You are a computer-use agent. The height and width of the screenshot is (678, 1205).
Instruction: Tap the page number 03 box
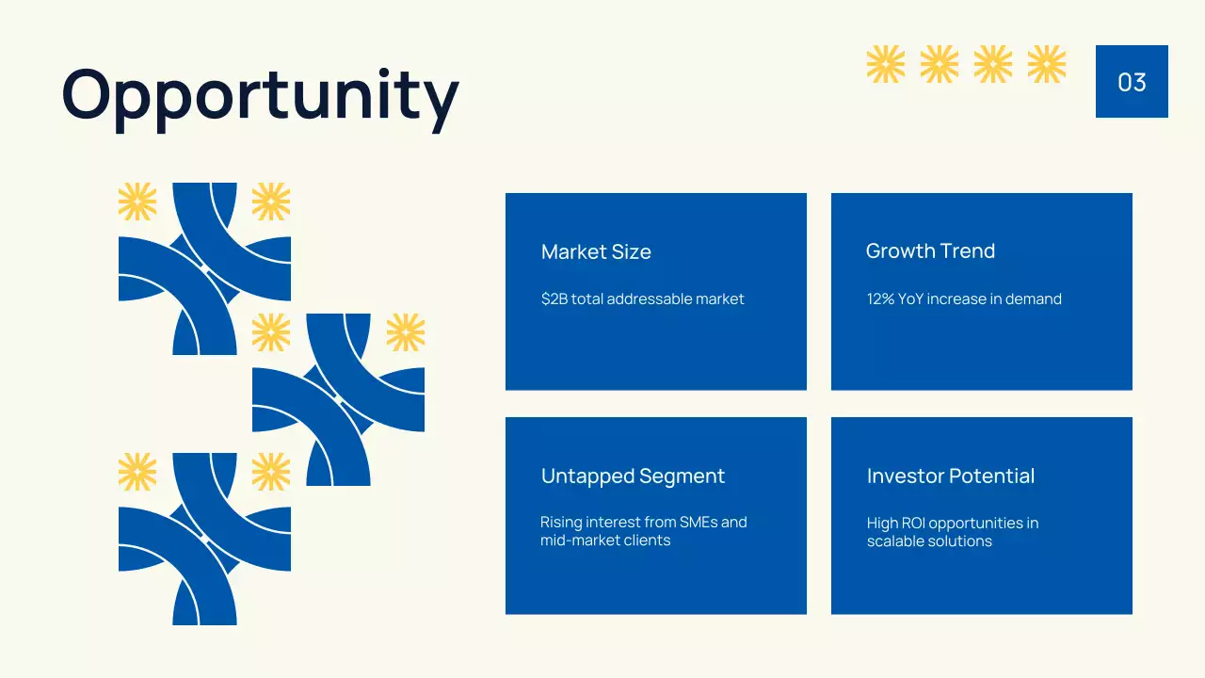1132,82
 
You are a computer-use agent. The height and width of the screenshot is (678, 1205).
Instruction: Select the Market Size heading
596,251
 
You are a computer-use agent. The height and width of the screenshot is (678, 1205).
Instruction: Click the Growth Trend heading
930,251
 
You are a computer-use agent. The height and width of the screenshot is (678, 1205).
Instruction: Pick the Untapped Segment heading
633,476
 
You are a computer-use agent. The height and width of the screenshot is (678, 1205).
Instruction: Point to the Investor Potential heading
950,476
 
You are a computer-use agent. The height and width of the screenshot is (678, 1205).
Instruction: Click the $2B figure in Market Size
554,299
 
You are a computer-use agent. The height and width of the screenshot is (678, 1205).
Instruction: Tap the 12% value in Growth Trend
880,299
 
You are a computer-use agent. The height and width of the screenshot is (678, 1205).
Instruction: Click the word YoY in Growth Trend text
910,299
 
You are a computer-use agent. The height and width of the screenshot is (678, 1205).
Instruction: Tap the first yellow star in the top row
885,64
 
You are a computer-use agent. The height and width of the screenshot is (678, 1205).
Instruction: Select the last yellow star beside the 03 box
1046,64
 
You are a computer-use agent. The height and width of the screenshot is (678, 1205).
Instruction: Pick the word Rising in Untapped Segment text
560,523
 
